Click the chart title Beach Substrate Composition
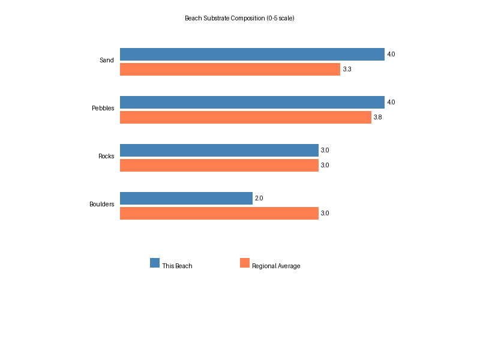tap(239, 18)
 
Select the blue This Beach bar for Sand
tap(252, 55)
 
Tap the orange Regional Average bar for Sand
tap(230, 70)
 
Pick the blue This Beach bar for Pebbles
tap(252, 103)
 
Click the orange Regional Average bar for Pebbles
tap(245, 118)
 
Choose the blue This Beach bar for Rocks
tap(219, 151)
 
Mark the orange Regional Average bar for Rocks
tap(219, 166)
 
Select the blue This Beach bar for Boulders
tap(186, 199)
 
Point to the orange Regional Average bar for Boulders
tap(219, 214)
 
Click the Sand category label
tap(107, 61)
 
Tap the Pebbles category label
tap(103, 109)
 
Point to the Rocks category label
tap(106, 157)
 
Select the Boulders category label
tap(102, 205)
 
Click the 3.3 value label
tap(347, 70)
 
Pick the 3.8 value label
tap(377, 118)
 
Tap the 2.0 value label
tap(259, 199)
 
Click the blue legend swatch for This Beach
tap(155, 263)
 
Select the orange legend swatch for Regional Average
tap(245, 263)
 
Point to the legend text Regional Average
tap(276, 266)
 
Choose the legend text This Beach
tap(177, 266)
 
